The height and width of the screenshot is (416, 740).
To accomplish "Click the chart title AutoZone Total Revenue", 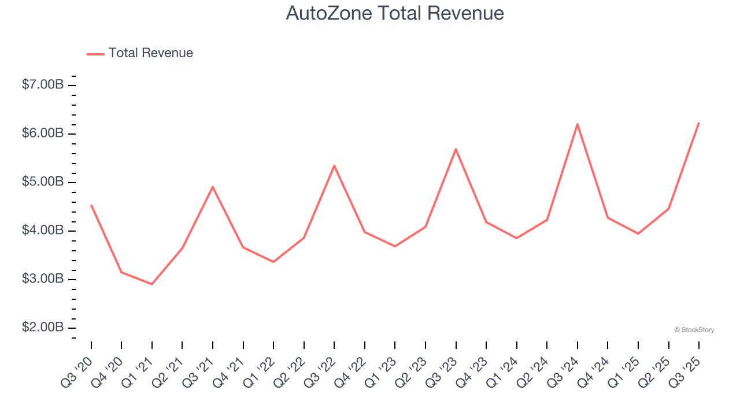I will click(x=395, y=13).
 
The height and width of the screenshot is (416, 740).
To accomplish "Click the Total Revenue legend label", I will click(x=150, y=53).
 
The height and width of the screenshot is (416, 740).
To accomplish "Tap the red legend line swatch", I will click(x=95, y=54).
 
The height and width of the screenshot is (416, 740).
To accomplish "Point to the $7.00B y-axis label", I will click(x=43, y=85).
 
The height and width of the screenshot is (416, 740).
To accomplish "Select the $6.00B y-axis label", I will click(x=43, y=133).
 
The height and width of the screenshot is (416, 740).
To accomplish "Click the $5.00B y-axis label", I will click(x=43, y=182).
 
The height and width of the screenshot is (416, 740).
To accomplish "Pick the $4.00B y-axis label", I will click(x=43, y=231).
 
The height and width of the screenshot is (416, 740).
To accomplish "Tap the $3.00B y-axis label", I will click(x=43, y=279).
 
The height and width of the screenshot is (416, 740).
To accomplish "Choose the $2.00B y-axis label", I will click(x=43, y=328).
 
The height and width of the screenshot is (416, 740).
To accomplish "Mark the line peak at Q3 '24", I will click(x=578, y=124).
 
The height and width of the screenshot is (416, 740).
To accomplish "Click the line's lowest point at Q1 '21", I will click(x=152, y=284).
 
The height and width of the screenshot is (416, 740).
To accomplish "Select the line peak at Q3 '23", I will click(x=456, y=149).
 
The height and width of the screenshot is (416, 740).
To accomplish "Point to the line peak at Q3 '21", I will click(x=213, y=187).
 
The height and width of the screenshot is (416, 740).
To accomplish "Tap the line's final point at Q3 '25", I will click(x=699, y=122).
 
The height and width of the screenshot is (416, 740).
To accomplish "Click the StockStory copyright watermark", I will click(x=694, y=330).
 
